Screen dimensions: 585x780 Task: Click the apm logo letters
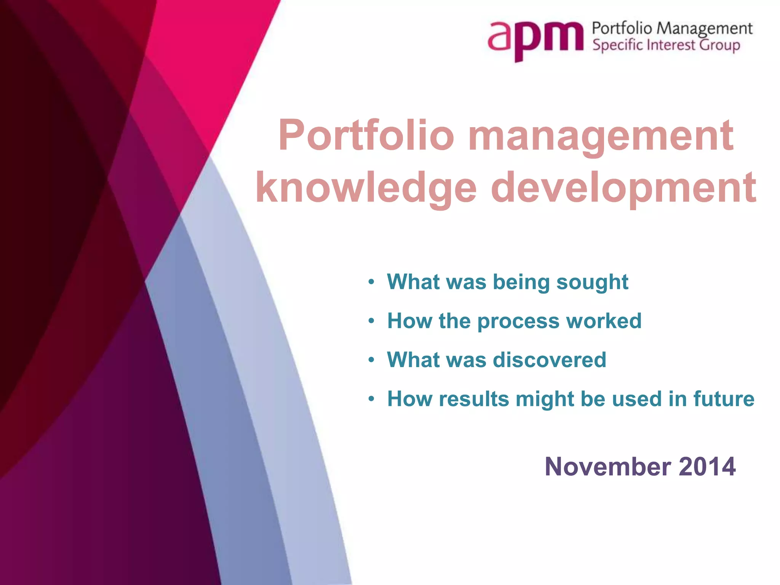coord(535,38)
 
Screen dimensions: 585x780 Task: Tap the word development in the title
coord(624,188)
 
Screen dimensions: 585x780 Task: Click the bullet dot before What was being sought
coord(372,283)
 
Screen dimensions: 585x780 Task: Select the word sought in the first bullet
coord(592,282)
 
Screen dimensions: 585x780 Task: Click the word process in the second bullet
coord(518,321)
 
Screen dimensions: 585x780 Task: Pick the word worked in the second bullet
coord(604,321)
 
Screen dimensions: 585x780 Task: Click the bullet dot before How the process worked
coord(372,321)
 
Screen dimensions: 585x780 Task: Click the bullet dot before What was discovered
coord(372,360)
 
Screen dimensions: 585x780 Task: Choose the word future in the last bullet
coord(724,399)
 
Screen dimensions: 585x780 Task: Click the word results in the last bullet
coord(474,399)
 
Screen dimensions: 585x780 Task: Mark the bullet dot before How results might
coord(372,399)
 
